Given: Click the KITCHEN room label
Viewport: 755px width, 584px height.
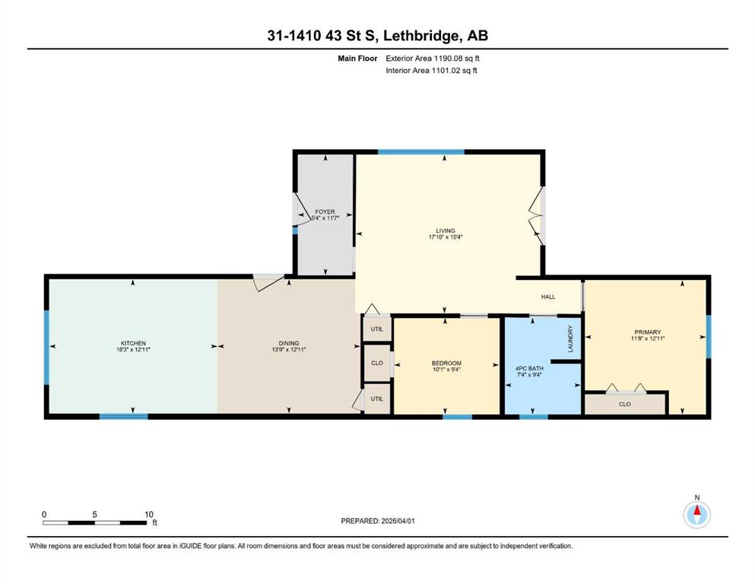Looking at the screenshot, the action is coord(133,343).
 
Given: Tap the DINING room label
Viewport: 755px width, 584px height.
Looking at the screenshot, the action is coord(289,343).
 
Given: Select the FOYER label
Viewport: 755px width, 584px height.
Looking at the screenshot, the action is coord(325,212).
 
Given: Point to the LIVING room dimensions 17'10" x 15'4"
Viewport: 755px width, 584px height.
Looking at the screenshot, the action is coord(446,237).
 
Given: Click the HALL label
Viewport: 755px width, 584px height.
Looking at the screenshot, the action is coord(548,297).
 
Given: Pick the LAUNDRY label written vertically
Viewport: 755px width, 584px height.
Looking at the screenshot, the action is coord(570,338).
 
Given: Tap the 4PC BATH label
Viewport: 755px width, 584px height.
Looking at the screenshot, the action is coord(529,368).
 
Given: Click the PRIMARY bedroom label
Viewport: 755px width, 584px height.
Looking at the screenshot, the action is coord(648,332).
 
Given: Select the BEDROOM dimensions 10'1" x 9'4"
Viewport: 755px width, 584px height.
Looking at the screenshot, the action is coord(446,370).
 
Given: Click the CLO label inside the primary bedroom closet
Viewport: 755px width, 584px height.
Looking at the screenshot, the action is coord(624,405).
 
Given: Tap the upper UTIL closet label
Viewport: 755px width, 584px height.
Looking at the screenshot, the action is coord(377,329).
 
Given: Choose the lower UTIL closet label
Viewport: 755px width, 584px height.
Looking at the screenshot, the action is coord(377,398).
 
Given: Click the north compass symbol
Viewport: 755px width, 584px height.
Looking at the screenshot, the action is coord(696,514).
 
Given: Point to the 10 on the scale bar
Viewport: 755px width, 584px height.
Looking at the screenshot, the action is coord(149,514).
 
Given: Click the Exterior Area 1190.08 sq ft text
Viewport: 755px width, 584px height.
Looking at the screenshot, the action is coord(433,59).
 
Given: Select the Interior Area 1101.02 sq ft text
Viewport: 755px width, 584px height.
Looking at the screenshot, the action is coord(431,70).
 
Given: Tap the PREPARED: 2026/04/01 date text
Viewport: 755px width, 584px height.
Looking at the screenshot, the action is coord(377,521).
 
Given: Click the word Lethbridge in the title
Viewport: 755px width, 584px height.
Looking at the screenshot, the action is coord(420,36).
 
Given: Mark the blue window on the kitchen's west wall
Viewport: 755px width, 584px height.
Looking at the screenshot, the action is coord(46,347).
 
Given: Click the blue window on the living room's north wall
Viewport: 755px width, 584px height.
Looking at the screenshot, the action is coord(421,152).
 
